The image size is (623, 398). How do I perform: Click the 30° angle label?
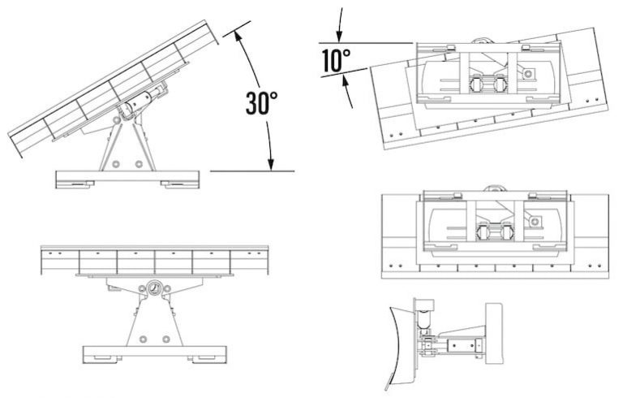pos(261,103)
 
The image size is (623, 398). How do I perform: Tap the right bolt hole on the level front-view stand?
pos(165,337)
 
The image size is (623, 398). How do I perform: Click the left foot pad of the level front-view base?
pos(102,357)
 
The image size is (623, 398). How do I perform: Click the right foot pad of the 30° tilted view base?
pos(176,183)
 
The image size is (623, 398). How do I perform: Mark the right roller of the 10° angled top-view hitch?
pos(498,84)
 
